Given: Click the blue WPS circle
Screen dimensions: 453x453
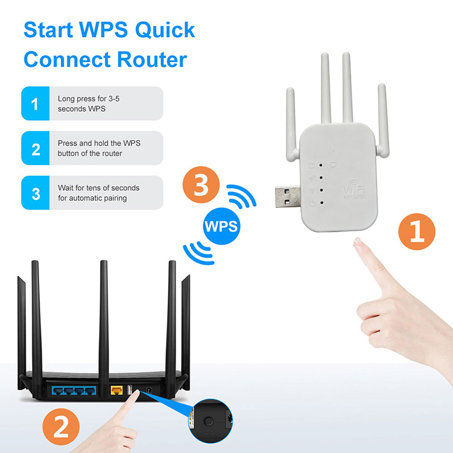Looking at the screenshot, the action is point(221,226).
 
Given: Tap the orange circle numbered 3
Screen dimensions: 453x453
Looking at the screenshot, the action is point(201,185).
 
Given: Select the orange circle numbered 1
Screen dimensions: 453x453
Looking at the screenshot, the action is point(417,232).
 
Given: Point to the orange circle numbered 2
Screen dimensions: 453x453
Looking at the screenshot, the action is point(61,426).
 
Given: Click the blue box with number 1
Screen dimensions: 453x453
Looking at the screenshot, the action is point(35,104).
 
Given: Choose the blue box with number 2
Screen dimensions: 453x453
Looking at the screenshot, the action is point(35,148).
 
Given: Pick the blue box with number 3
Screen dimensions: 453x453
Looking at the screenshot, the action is point(35,193).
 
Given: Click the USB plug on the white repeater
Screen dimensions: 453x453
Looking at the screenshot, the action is point(288,196).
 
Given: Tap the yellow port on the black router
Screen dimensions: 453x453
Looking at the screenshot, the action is point(117,391).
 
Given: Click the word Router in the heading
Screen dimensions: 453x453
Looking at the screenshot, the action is point(152,60).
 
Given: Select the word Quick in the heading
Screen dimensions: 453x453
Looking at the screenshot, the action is point(165,30).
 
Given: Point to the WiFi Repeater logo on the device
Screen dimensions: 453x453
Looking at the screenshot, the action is point(354,190).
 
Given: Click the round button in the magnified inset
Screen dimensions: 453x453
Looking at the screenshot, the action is point(209,421).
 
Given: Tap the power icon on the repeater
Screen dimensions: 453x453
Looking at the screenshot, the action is point(313,203).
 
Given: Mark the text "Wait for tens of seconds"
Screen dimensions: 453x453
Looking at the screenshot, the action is point(99,188).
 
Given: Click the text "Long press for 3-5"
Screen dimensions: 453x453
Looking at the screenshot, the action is point(88,99).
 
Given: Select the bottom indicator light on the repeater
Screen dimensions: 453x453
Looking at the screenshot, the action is point(322,203).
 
